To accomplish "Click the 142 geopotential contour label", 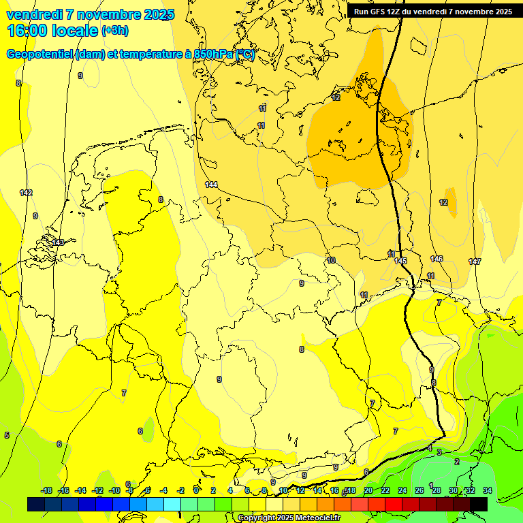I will click(x=26, y=193).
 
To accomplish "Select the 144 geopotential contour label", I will click(x=211, y=185).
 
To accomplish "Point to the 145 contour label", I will click(x=400, y=261).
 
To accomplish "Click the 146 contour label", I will click(x=437, y=259).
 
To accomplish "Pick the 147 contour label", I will click(x=475, y=261).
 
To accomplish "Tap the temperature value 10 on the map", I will click(x=331, y=260).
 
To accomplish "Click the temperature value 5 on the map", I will click(x=7, y=435).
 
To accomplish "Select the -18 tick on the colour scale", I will click(x=46, y=490).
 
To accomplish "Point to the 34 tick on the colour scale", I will click(x=488, y=490).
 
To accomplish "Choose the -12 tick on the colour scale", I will click(x=97, y=490).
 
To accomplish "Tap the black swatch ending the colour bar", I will click(x=479, y=504).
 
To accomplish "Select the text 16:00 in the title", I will click(x=25, y=31).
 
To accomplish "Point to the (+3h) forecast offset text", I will click(x=114, y=31).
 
